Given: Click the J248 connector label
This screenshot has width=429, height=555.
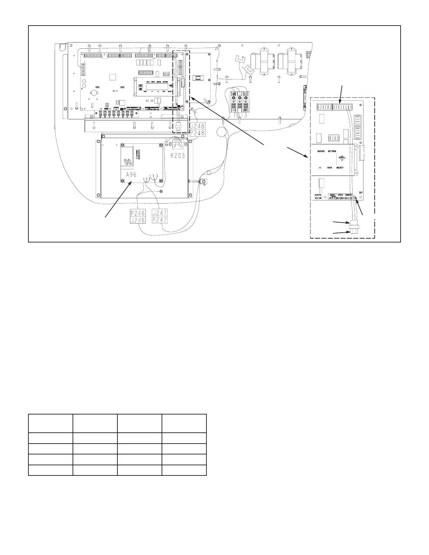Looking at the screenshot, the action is point(198,126).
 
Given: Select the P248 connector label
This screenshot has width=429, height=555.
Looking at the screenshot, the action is point(198,133).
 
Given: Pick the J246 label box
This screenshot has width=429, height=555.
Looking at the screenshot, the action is point(138,220).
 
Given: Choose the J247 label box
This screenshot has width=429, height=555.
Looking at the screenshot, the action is point(159,213).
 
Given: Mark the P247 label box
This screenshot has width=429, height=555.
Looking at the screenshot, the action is point(159,220).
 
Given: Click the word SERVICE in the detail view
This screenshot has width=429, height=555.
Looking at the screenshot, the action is point(321,151).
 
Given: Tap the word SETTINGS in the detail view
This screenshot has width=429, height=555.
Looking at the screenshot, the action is point(332,151).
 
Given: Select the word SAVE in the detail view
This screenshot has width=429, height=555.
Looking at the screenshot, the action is point(330,168).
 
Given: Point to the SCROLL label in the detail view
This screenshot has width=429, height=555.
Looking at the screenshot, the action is point(342,158).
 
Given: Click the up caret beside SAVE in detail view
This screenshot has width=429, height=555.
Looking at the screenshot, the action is point(320,168).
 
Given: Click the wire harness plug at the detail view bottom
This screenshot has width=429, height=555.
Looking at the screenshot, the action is point(353,227).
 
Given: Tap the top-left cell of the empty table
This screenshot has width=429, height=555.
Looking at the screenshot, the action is point(50,423).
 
